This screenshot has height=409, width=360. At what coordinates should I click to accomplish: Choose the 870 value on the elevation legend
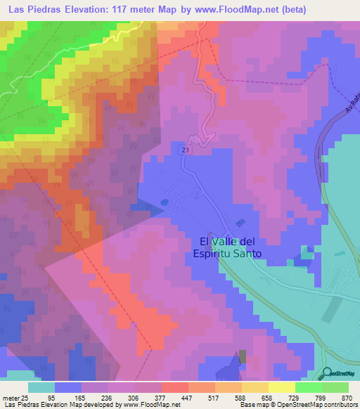pos(347,398)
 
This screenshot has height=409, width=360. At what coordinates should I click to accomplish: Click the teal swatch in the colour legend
pos(41,387)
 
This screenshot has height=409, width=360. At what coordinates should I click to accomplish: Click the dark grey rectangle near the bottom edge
pos(243,357)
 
